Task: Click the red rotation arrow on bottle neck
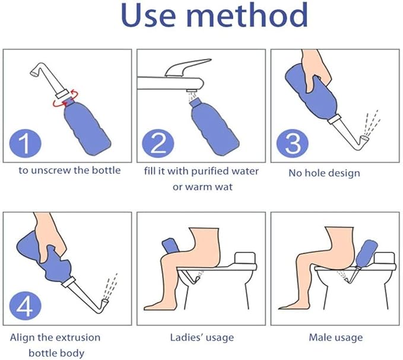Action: point(69,103)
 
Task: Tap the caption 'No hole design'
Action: point(324,173)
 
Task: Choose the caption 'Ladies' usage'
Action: point(202,337)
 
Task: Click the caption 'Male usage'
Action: point(335,337)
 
